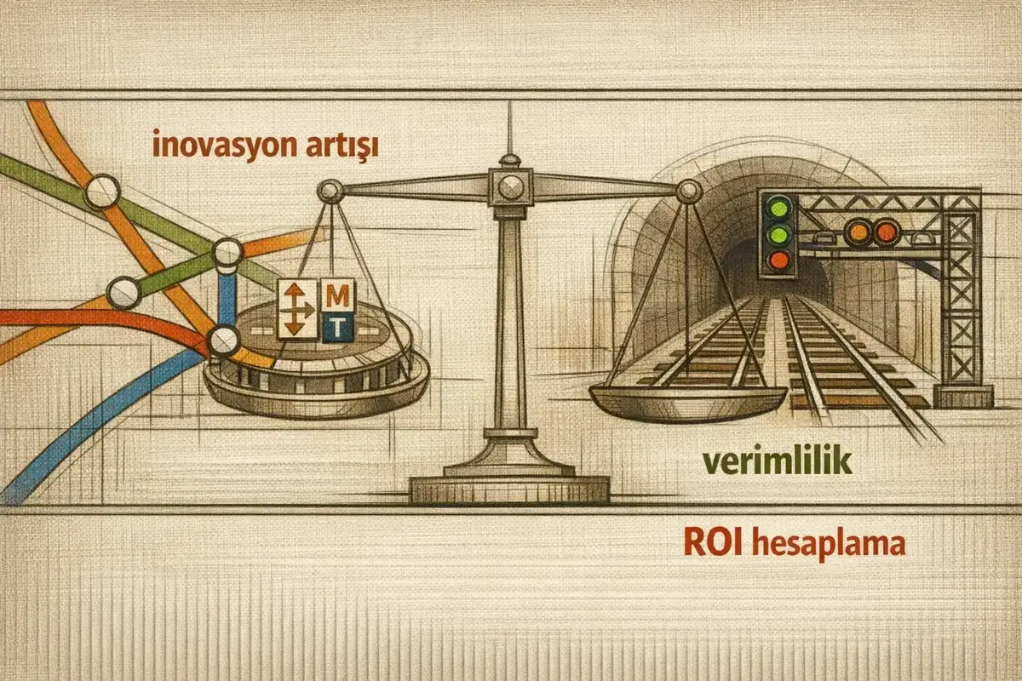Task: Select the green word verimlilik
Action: pos(778,461)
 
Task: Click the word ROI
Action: pos(714,543)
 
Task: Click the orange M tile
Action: pos(337,295)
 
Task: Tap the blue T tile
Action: pos(338,327)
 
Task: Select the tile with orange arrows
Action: pos(297,310)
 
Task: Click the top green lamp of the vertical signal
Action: pos(778,208)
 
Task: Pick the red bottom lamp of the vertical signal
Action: pos(778,260)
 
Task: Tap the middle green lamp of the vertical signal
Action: pos(778,234)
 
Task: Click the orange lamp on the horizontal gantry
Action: pos(858,232)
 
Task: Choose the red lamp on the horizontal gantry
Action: pos(886,232)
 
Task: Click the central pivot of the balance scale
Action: pos(510,187)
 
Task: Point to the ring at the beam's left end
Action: pos(330,192)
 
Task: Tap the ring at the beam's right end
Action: pos(689,192)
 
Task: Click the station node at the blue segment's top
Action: pos(228,252)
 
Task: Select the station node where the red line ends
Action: pos(223,340)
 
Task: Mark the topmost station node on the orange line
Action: pos(103,192)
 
